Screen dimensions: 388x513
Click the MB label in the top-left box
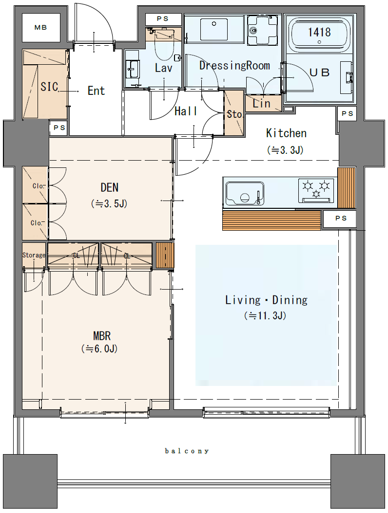(x=40, y=28)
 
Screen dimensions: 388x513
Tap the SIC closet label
(x=50, y=87)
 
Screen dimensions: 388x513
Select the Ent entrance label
(x=96, y=91)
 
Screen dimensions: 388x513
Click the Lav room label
(x=163, y=68)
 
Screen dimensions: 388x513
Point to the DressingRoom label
(x=234, y=65)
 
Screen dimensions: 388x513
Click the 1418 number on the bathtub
(x=319, y=32)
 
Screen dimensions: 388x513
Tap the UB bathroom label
(x=319, y=73)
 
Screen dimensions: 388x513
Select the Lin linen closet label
(x=261, y=104)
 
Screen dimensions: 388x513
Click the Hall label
(x=186, y=111)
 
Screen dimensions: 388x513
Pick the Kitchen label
(x=287, y=133)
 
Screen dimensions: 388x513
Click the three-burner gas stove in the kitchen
(x=316, y=190)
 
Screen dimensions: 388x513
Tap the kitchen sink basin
(x=245, y=194)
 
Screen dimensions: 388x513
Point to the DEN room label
(x=110, y=187)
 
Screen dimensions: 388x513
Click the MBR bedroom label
(x=102, y=336)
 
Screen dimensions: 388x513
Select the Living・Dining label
(x=267, y=300)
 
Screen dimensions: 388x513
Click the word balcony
(x=187, y=451)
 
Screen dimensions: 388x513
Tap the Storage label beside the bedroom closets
(x=34, y=255)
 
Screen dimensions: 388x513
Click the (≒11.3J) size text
(x=265, y=316)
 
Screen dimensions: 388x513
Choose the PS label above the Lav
(x=162, y=19)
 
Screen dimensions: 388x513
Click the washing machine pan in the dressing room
(x=263, y=31)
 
